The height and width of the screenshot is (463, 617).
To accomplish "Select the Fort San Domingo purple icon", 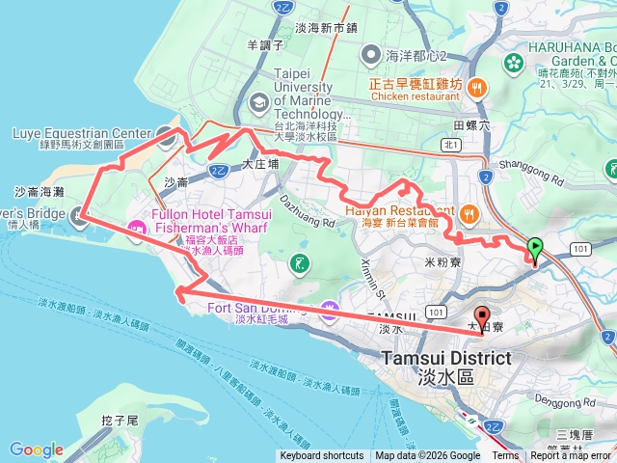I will pyautogui.click(x=331, y=309).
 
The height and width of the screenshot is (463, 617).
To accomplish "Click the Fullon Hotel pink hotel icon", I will pyautogui.click(x=136, y=228).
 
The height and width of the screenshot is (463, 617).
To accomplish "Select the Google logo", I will pyautogui.click(x=36, y=449).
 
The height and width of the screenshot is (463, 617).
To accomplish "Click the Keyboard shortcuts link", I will pyautogui.click(x=321, y=456).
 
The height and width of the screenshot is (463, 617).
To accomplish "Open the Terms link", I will pyautogui.click(x=505, y=456).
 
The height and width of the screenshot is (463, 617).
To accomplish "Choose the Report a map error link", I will pyautogui.click(x=571, y=456).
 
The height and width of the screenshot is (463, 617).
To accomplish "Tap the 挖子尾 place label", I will pyautogui.click(x=120, y=422).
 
